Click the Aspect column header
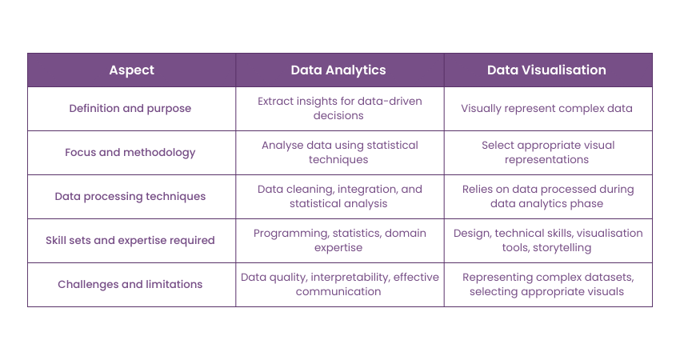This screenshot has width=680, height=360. (131, 70)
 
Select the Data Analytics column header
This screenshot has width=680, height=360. (339, 70)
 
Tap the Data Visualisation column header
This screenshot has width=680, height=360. (547, 70)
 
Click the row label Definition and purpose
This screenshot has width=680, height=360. (131, 108)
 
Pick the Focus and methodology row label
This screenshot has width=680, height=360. (131, 152)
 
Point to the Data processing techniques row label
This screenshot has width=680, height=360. (131, 196)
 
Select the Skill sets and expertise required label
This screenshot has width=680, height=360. (131, 240)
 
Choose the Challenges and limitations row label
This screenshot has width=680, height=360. (131, 284)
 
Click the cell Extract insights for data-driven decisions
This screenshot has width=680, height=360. (339, 108)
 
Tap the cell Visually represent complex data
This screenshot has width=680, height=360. (547, 108)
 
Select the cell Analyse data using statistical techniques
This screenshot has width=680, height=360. (339, 152)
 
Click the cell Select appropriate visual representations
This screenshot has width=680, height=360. (547, 152)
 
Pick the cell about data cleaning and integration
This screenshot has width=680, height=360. (339, 196)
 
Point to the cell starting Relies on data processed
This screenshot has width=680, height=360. (547, 196)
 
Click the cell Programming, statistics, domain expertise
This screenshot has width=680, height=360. (339, 240)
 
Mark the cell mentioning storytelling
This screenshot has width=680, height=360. (547, 240)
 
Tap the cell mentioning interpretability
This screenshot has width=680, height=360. (339, 284)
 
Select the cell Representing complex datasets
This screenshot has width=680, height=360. (547, 284)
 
